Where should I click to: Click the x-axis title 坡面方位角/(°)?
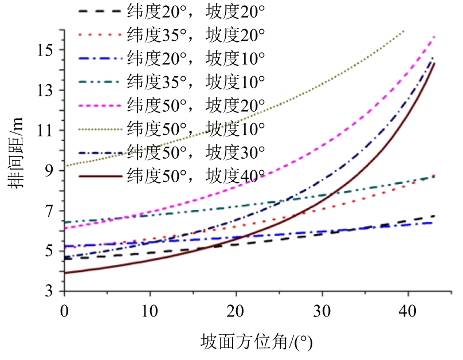pos(257,343)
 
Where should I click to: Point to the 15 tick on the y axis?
pos(50,50)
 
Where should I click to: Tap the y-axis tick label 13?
pos(50,90)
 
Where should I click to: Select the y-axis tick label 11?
pos(50,130)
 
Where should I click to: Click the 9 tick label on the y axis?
pos(53,170)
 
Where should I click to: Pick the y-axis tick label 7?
pos(53,210)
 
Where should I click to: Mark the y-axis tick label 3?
pos(53,291)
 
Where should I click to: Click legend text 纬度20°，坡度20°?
pos(196,11)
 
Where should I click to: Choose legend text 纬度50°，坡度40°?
pos(196,176)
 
